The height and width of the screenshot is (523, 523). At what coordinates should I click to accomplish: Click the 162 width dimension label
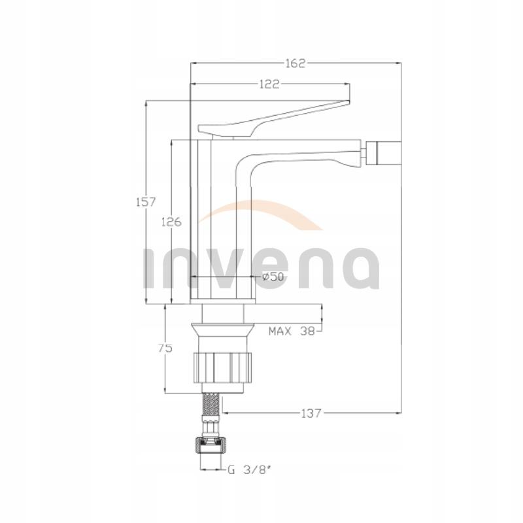coord(295,63)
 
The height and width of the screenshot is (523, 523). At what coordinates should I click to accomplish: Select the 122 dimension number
coord(269,84)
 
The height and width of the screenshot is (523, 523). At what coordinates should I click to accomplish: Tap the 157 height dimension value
coord(146,202)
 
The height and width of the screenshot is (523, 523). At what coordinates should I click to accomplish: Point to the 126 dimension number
coord(171,222)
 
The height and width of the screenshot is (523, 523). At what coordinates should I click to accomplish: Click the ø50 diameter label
coord(273,277)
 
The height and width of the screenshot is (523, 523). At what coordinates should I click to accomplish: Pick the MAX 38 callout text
coord(292,331)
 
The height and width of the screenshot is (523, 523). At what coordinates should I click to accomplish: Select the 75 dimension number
coord(165,348)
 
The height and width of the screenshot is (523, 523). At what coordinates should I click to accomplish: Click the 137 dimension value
coord(311,414)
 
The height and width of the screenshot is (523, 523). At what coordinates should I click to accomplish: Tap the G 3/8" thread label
coord(249,470)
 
